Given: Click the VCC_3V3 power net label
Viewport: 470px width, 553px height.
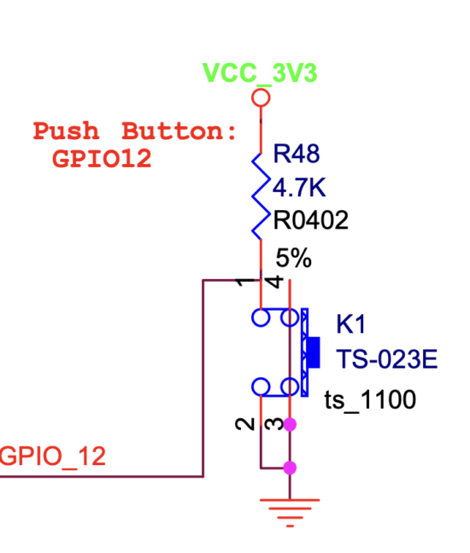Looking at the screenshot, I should (x=260, y=73).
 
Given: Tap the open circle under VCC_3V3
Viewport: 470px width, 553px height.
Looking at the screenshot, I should (x=261, y=97).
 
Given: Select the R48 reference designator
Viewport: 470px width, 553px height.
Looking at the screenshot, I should (x=296, y=154).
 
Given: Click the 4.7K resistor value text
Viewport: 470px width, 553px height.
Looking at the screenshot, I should (x=300, y=186).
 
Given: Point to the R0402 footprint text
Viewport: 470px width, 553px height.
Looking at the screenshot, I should (x=311, y=221).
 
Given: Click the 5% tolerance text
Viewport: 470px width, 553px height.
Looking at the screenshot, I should (x=294, y=257).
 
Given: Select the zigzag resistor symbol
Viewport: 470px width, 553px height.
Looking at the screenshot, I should (x=261, y=195).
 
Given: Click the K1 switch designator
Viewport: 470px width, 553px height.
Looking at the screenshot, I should (x=350, y=324).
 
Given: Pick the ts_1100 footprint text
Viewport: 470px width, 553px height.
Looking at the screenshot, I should (x=370, y=399).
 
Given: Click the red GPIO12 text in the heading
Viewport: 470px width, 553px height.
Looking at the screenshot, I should (x=102, y=159).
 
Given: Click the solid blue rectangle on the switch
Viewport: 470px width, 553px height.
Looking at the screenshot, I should (x=314, y=352).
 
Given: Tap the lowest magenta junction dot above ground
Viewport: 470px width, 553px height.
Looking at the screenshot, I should (x=290, y=467).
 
